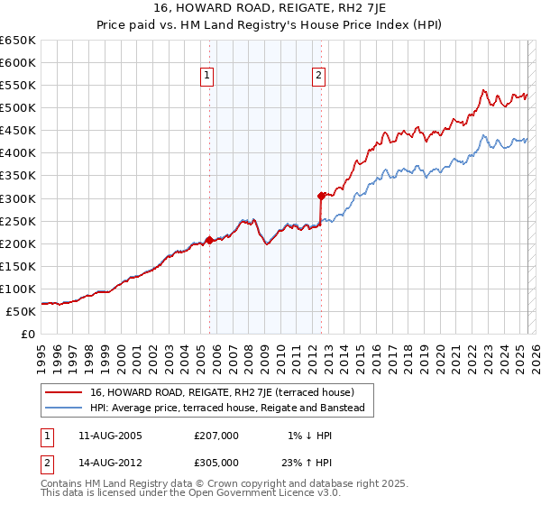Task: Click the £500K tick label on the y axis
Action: click(18, 108)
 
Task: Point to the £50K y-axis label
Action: click(21, 311)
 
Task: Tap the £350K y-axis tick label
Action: click(18, 176)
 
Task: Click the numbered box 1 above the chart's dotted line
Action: click(208, 77)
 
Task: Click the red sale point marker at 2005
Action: click(209, 240)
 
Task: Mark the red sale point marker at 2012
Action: click(321, 195)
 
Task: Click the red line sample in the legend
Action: click(63, 392)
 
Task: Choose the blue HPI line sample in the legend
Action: click(63, 409)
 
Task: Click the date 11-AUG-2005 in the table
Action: click(110, 436)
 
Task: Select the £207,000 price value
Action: click(216, 436)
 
